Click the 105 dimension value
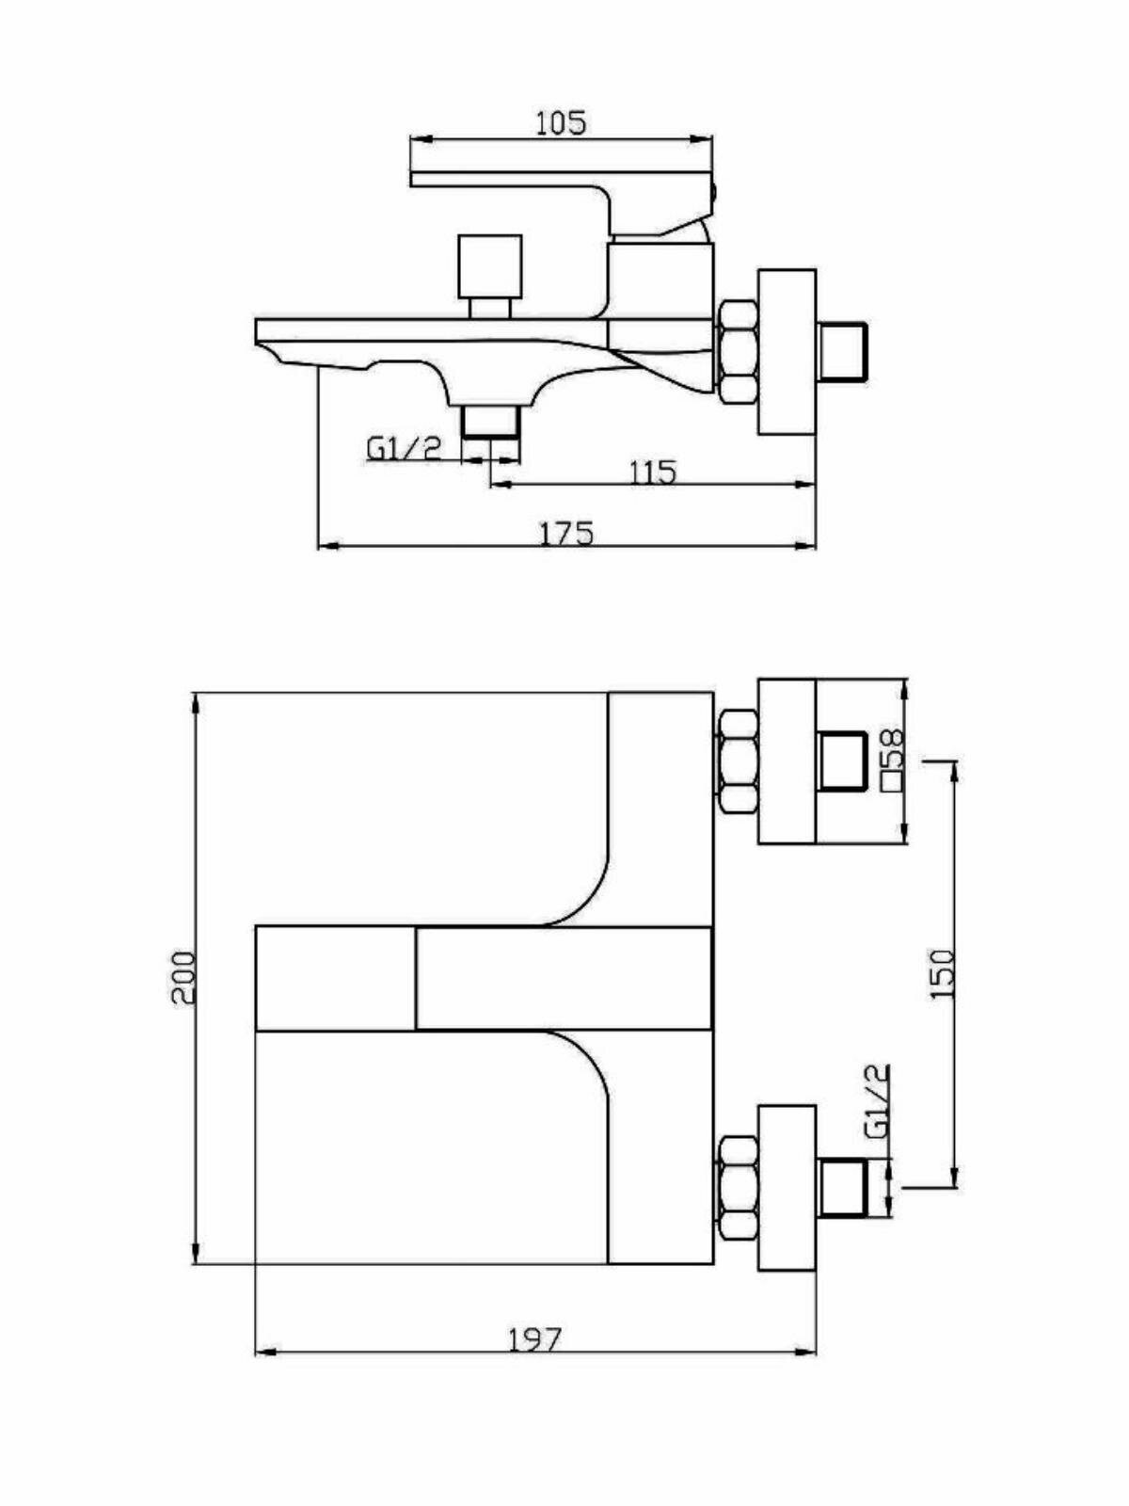(561, 122)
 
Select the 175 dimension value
(566, 533)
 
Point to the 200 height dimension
(183, 977)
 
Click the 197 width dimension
(534, 1338)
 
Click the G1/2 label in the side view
(404, 448)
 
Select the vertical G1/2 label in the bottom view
(876, 1103)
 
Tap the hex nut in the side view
(738, 353)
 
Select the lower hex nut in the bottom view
(738, 1188)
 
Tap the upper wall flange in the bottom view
(787, 761)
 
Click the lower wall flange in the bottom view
(787, 1188)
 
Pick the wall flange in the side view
(787, 352)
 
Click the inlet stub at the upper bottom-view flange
(844, 761)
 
